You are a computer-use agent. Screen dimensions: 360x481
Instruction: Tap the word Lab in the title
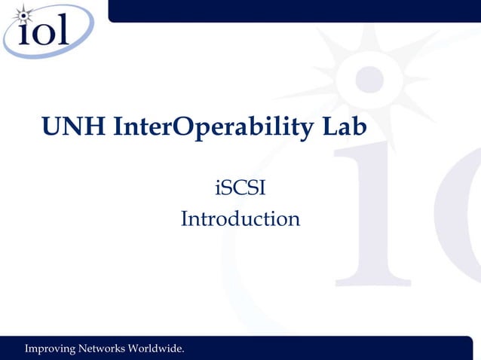(x=345, y=129)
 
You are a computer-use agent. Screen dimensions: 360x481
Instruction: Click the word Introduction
(x=240, y=219)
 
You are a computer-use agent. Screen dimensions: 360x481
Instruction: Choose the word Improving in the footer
(x=51, y=349)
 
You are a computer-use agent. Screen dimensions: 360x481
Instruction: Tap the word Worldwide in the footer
(x=157, y=349)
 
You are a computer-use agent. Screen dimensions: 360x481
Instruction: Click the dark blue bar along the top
(x=294, y=10)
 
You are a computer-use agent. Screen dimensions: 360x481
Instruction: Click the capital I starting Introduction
(x=185, y=219)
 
